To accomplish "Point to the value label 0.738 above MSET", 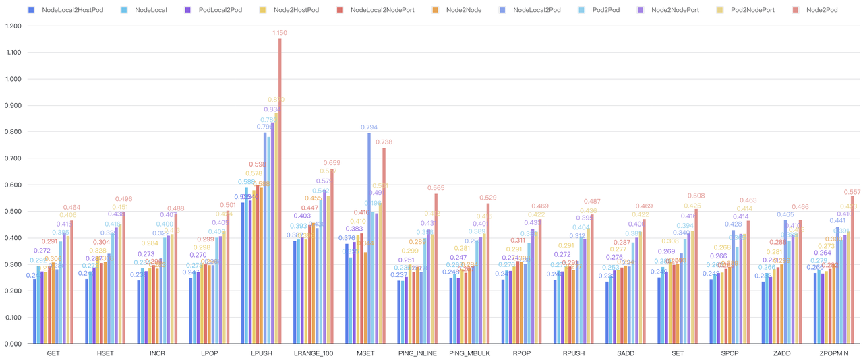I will click(384, 142).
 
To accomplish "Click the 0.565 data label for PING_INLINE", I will click(436, 188).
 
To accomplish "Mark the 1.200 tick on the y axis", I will click(13, 26).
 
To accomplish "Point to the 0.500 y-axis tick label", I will click(13, 211).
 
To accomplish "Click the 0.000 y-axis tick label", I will click(13, 344).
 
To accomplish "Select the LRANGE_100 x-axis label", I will click(314, 353).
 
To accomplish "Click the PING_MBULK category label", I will click(469, 353).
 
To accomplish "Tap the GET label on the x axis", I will click(53, 353).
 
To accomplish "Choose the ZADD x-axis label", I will click(782, 353).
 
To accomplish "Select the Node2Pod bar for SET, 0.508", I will click(696, 276).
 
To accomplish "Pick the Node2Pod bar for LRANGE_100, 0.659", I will click(332, 257).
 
